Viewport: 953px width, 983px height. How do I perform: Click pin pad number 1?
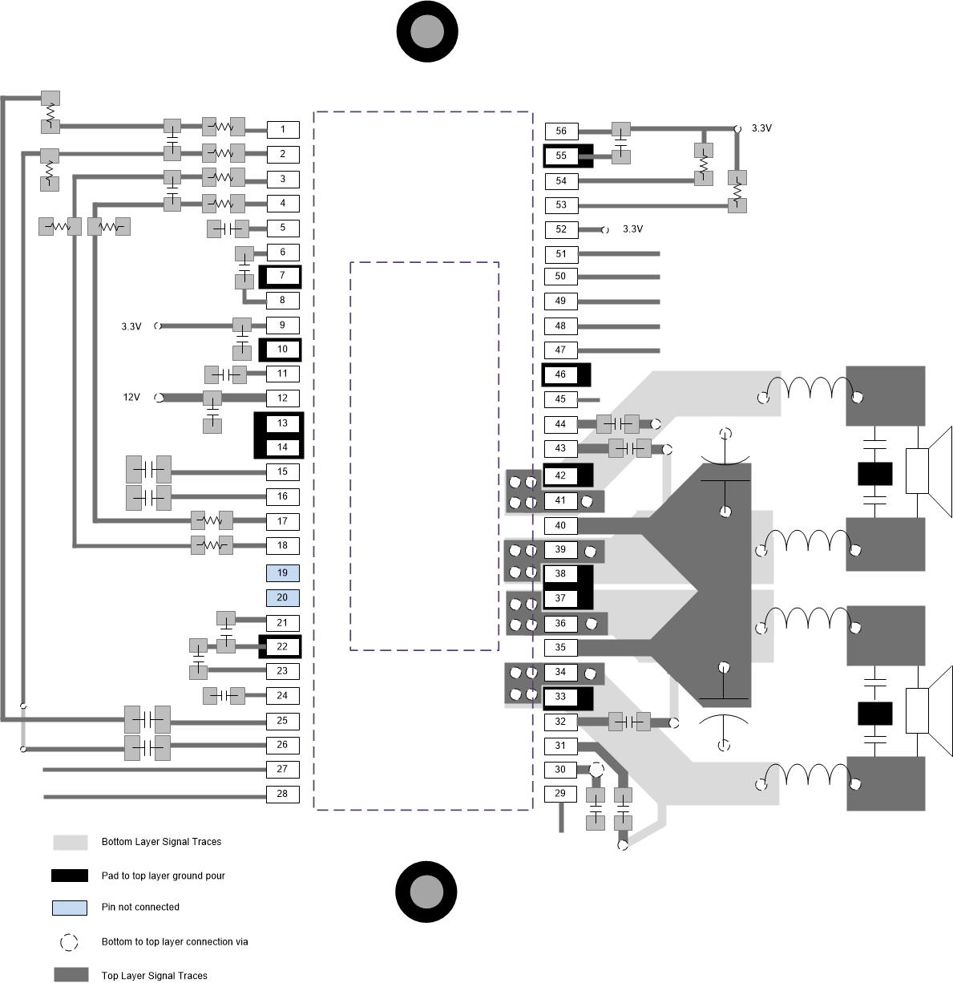point(283,129)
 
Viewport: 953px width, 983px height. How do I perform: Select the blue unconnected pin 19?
point(283,573)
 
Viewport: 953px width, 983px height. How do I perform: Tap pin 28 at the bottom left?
point(283,795)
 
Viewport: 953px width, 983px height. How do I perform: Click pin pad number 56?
point(561,131)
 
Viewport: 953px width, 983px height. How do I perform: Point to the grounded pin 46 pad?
point(560,374)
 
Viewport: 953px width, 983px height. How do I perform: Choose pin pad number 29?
point(560,795)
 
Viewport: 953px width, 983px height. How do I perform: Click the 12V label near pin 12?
point(131,398)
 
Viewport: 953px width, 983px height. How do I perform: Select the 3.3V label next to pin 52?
point(632,229)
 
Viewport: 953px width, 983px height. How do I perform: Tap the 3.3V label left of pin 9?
point(131,326)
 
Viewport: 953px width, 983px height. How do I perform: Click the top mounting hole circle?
point(427,31)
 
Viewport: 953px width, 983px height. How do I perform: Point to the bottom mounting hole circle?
point(426,892)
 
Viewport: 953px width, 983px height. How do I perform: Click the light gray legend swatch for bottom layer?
point(70,843)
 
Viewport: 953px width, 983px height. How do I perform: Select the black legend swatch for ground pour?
point(70,876)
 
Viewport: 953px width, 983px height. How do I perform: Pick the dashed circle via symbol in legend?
point(70,942)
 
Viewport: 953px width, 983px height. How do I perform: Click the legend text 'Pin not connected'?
point(140,908)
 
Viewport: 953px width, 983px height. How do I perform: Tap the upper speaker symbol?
point(928,470)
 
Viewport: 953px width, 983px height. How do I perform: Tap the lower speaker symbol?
point(928,710)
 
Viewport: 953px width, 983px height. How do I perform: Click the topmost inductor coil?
point(811,389)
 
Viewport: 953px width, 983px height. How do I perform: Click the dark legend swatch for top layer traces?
point(70,975)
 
